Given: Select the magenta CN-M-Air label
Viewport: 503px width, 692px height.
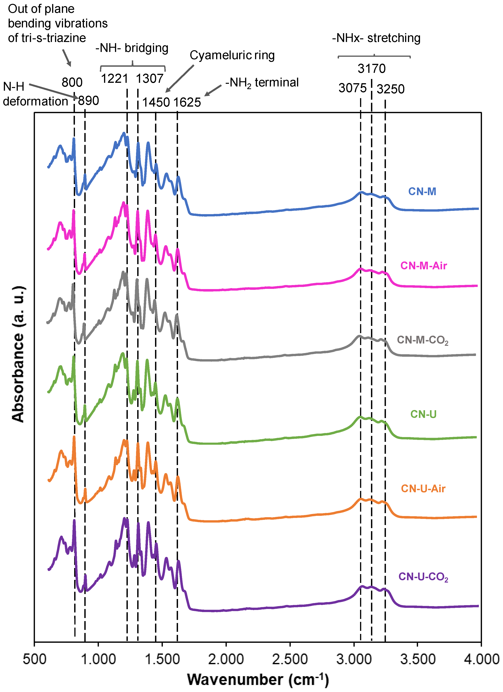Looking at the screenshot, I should pyautogui.click(x=423, y=265).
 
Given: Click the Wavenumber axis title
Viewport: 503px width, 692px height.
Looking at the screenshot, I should pyautogui.click(x=258, y=680).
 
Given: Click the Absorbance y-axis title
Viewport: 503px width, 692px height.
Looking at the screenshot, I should pyautogui.click(x=18, y=354).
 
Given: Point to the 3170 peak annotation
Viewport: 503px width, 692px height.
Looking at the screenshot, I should pyautogui.click(x=372, y=69).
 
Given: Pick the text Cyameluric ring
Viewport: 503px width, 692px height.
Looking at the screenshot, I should pyautogui.click(x=232, y=55).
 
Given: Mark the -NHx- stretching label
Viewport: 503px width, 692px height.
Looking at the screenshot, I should pyautogui.click(x=376, y=38).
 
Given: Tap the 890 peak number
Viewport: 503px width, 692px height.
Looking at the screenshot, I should pyautogui.click(x=89, y=100).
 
